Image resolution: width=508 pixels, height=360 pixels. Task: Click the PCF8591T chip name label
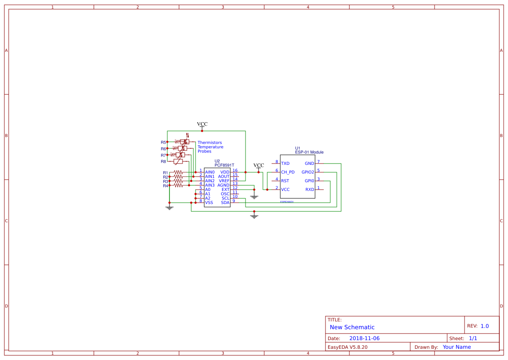[224, 166]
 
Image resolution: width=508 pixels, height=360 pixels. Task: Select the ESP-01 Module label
[309, 152]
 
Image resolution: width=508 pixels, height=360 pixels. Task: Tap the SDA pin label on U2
[225, 203]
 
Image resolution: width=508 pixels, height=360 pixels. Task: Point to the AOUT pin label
[224, 177]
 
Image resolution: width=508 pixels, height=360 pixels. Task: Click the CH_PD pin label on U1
[288, 172]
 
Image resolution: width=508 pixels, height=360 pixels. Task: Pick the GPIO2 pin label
[308, 172]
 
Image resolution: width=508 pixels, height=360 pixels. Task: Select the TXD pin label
[285, 163]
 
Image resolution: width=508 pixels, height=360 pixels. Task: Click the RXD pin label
[309, 190]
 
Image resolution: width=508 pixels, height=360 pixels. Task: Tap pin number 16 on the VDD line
[235, 170]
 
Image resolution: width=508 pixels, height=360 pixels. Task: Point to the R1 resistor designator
[166, 173]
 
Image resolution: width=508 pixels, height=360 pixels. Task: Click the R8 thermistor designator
[163, 161]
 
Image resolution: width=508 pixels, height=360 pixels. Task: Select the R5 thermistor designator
[163, 142]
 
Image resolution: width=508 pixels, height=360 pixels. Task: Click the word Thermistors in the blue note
[209, 143]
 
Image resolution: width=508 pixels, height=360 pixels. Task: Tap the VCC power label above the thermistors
[202, 124]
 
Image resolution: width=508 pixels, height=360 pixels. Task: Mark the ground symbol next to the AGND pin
[254, 197]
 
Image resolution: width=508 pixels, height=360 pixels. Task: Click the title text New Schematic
[352, 327]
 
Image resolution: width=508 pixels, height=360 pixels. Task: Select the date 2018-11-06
[364, 338]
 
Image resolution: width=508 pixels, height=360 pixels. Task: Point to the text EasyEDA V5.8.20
[347, 347]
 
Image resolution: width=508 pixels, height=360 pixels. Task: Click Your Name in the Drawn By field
[457, 347]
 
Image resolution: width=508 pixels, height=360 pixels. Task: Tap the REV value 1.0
[485, 326]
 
